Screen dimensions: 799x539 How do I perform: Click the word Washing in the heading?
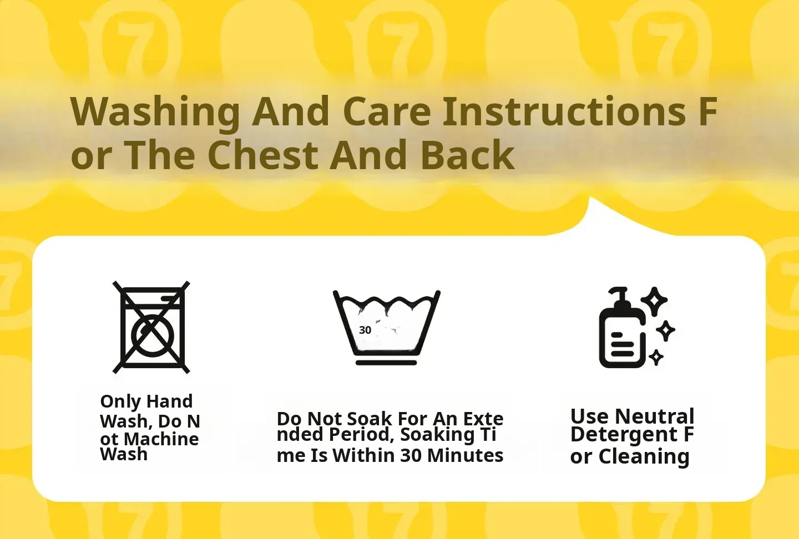[155, 112]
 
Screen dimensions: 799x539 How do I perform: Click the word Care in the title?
[387, 111]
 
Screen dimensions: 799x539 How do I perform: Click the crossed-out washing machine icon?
[151, 327]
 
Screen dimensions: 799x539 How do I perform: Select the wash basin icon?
[387, 328]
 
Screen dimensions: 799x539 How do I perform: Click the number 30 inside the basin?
[365, 330]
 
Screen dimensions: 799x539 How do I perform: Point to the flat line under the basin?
[386, 363]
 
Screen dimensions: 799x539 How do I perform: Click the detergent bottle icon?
[623, 328]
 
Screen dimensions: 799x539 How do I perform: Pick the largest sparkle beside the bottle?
[654, 301]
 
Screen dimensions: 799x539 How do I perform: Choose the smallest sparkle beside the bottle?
[656, 357]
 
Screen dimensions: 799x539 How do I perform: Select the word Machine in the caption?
[161, 439]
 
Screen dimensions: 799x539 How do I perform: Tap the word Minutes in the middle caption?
[465, 455]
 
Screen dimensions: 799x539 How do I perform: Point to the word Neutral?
[655, 416]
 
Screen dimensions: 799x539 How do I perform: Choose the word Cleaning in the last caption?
[644, 457]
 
